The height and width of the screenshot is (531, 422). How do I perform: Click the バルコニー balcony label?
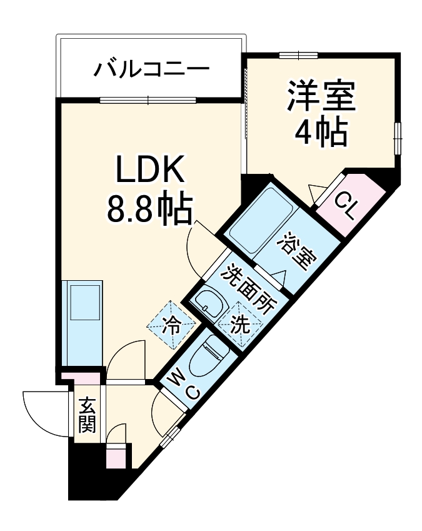click(x=151, y=68)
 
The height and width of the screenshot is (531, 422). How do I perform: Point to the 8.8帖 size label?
click(x=149, y=210)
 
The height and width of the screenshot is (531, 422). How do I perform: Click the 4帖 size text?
click(x=321, y=131)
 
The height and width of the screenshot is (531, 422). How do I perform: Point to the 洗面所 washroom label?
click(x=249, y=289)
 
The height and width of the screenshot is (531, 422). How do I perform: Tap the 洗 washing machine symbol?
click(x=239, y=324)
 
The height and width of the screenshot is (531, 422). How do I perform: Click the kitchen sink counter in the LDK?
click(x=83, y=322)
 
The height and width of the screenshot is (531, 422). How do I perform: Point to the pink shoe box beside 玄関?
click(x=116, y=455)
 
